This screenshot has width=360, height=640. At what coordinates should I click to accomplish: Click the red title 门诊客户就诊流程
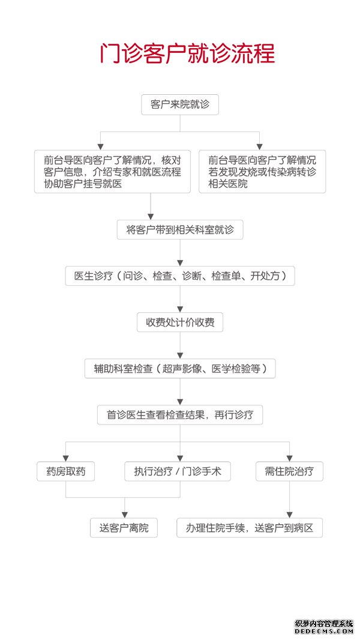pyautogui.click(x=188, y=53)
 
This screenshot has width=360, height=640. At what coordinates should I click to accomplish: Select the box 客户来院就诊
pyautogui.click(x=180, y=104)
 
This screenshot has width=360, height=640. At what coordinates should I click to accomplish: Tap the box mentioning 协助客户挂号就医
pyautogui.click(x=112, y=172)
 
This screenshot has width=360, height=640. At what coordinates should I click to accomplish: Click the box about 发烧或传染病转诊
pyautogui.click(x=262, y=172)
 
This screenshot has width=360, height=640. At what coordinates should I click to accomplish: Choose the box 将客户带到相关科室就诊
pyautogui.click(x=180, y=230)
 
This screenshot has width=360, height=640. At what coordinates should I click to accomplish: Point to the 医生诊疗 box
pyautogui.click(x=180, y=276)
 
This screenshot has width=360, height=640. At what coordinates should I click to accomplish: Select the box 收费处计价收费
pyautogui.click(x=180, y=322)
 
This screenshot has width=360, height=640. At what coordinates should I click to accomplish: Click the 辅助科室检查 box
pyautogui.click(x=180, y=369)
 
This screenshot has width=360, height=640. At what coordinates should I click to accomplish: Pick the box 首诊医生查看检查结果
pyautogui.click(x=180, y=415)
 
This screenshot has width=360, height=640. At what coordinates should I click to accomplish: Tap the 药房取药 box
pyautogui.click(x=65, y=471)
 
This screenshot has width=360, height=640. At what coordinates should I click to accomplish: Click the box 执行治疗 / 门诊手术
pyautogui.click(x=178, y=471)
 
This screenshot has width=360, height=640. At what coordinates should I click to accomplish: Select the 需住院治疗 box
pyautogui.click(x=289, y=471)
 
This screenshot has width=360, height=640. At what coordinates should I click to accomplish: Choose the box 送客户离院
pyautogui.click(x=124, y=528)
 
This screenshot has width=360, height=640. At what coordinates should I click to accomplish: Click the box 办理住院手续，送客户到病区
pyautogui.click(x=250, y=528)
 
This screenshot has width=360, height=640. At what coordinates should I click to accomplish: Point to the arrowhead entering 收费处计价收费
pyautogui.click(x=180, y=309)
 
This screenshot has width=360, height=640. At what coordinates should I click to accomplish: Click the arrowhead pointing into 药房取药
pyautogui.click(x=65, y=458)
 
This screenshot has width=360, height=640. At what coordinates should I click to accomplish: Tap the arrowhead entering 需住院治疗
pyautogui.click(x=289, y=458)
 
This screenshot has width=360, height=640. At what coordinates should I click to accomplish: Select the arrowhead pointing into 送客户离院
pyautogui.click(x=124, y=515)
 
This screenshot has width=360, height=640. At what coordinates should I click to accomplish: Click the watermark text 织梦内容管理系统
pyautogui.click(x=324, y=624)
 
